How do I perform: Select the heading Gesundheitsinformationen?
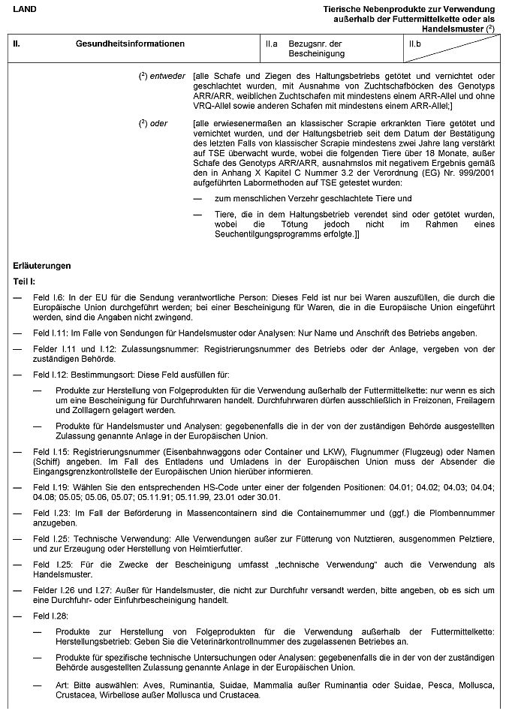tap(130, 44)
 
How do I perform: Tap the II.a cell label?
tap(272, 44)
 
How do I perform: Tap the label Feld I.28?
tap(50, 616)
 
